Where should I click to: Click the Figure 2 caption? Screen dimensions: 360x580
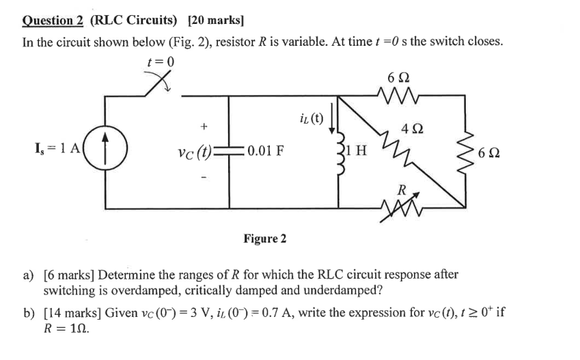click(x=264, y=238)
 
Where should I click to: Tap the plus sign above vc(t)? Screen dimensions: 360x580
click(x=203, y=126)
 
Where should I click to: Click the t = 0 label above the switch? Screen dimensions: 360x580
click(x=161, y=62)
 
